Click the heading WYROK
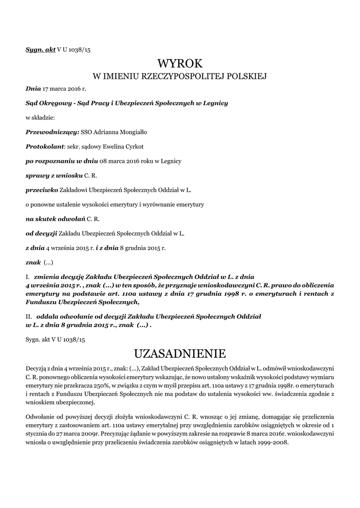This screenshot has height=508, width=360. [x=180, y=63]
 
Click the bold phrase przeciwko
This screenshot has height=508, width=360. [x=42, y=190]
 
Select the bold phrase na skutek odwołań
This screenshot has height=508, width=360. [x=55, y=219]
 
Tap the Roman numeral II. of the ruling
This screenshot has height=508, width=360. [x=29, y=316]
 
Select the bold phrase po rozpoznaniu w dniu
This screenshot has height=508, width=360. [x=62, y=161]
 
